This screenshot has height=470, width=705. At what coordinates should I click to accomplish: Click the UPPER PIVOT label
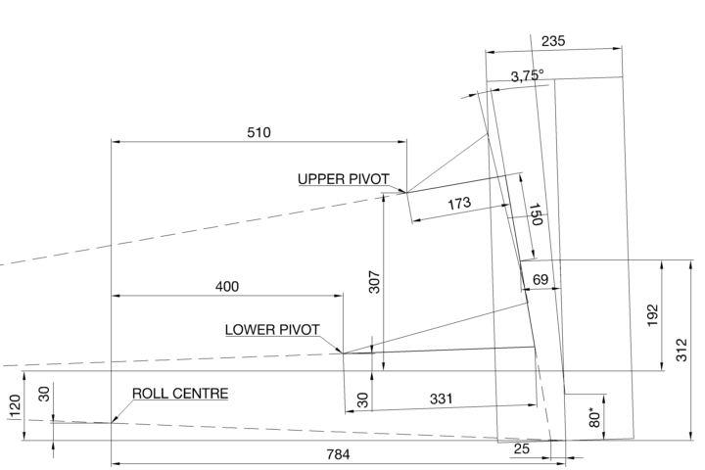point(343,178)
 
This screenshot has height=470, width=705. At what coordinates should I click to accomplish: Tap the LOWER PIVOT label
point(272,329)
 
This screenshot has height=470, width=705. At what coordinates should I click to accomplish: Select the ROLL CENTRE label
point(180,394)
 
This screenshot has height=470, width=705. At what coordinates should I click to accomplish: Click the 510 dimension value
point(258,131)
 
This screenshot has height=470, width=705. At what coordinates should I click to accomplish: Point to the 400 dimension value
point(226,286)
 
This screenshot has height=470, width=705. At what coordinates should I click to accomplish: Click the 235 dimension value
point(553,41)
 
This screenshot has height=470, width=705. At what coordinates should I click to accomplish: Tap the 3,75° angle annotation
point(527,75)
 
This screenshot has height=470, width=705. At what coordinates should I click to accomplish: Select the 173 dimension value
point(458,203)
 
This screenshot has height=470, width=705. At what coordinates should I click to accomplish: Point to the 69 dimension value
point(540,280)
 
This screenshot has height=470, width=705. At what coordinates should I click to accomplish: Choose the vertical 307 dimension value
point(374,282)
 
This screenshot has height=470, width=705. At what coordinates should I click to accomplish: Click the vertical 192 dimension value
point(652,315)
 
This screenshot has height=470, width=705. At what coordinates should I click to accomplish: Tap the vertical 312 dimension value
point(682,351)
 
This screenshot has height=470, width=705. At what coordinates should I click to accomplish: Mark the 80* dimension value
point(592,414)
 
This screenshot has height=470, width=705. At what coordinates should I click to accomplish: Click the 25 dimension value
point(522,448)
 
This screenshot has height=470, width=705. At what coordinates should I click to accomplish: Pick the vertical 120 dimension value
point(14,406)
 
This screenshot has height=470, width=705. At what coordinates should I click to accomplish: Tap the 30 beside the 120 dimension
point(43,393)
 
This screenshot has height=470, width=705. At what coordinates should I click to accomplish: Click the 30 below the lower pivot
point(363,400)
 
